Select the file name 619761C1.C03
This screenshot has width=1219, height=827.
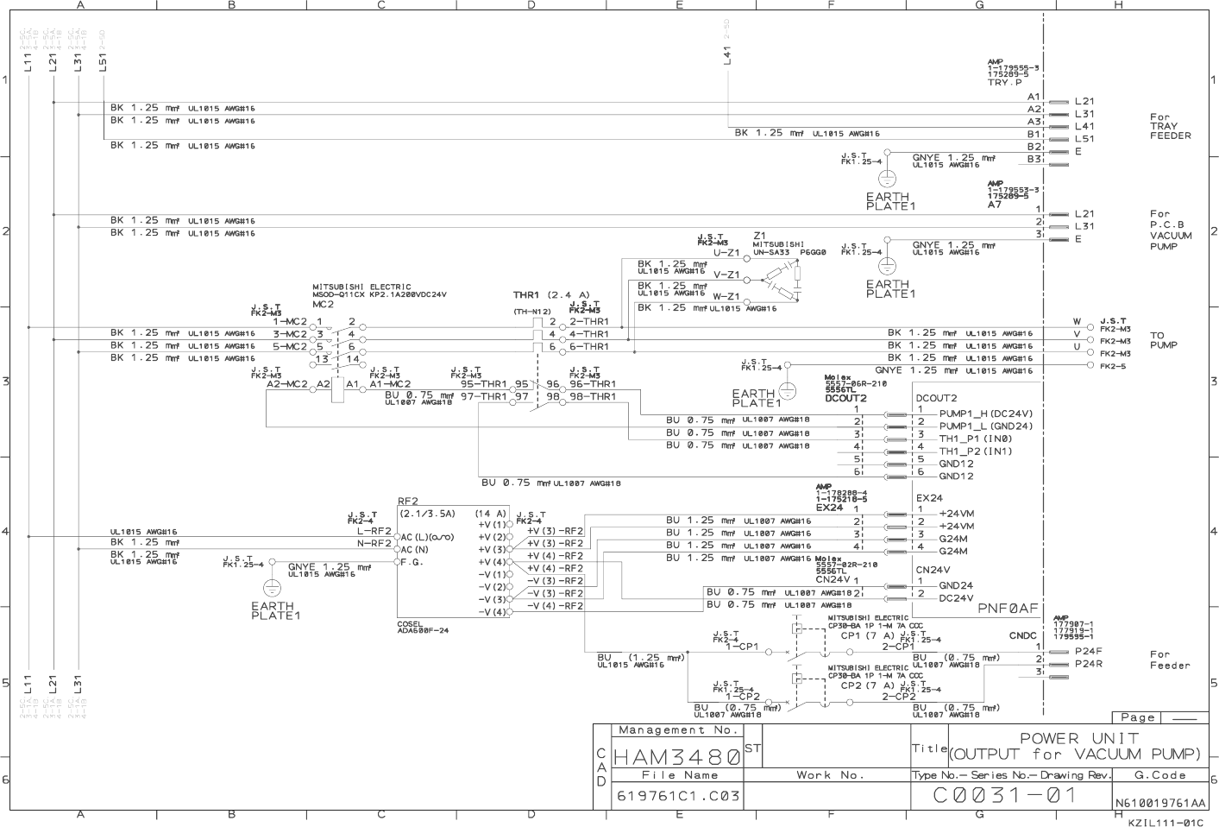[x=678, y=797]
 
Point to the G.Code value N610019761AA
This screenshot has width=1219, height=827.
[x=1161, y=804]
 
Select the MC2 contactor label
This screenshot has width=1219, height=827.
[x=323, y=304]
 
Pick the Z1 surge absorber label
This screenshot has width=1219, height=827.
[x=759, y=235]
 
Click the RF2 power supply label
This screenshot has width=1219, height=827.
[x=408, y=501]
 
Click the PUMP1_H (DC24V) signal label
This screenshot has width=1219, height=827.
[x=985, y=413]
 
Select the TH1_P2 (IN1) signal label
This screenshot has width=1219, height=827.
[x=976, y=451]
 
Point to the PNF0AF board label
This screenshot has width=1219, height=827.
[x=1008, y=609]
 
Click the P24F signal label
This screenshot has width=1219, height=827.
[x=1089, y=651]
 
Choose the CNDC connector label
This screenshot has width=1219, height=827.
[x=1022, y=636]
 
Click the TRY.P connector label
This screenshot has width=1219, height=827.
[x=1005, y=82]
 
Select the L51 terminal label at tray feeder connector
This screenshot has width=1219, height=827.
[x=1084, y=138]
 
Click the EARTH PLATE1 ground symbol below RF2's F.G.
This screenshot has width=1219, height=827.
[x=272, y=588]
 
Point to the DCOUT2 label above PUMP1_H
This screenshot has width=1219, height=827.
[x=936, y=398]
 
